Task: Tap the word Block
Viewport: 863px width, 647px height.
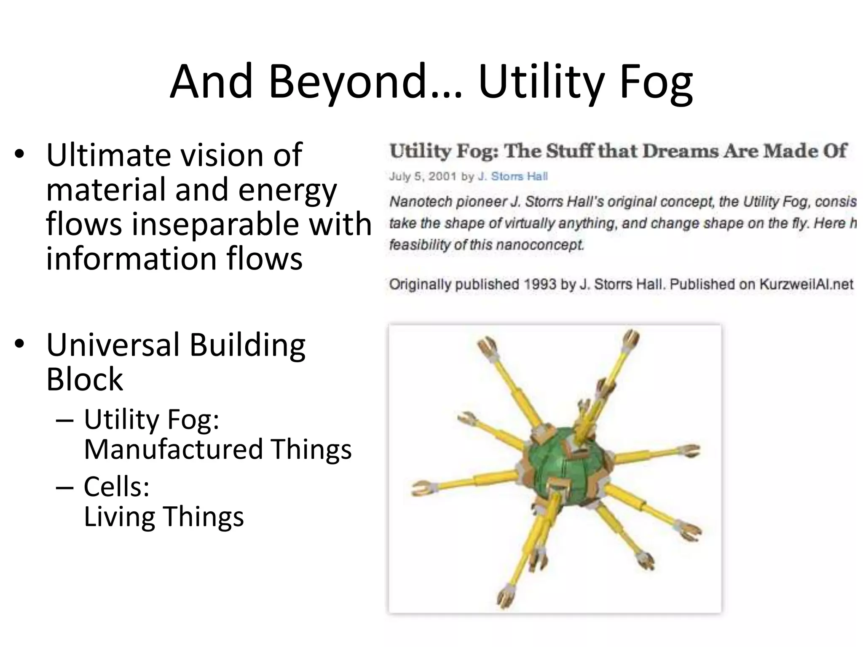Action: [x=84, y=379]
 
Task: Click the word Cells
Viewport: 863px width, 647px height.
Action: [x=116, y=487]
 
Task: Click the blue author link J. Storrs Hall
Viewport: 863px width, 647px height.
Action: [x=512, y=176]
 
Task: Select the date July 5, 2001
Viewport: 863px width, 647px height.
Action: [x=423, y=176]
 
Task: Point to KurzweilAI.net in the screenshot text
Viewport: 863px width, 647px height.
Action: [x=806, y=284]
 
